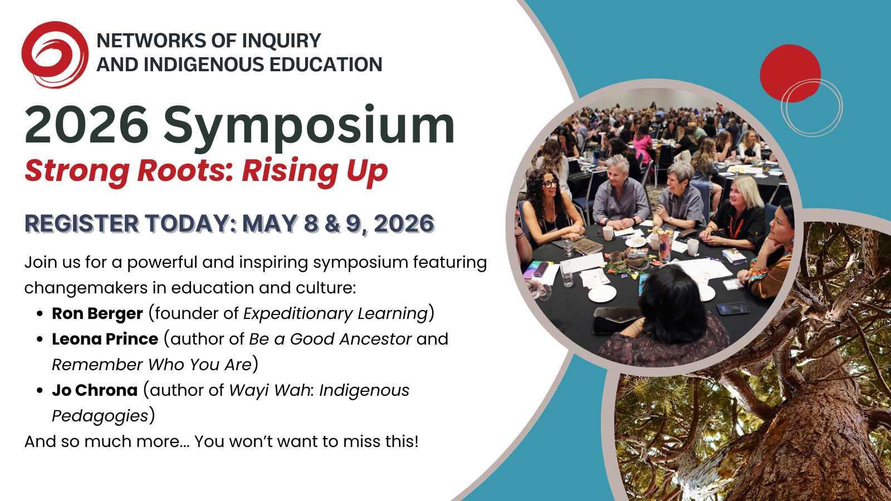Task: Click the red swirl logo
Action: point(55,55)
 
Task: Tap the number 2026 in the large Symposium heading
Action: point(87,125)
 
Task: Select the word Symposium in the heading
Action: point(309,128)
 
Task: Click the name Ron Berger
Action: point(97,314)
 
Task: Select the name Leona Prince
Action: point(105,339)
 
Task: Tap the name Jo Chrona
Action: point(95,390)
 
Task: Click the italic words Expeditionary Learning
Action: point(336,314)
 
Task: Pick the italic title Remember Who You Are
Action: point(152,365)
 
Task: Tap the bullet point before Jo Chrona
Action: point(40,391)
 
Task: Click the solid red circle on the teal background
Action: point(790,73)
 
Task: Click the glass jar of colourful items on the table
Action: point(664,244)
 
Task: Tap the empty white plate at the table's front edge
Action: point(602,293)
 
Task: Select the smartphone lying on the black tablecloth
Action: point(732,308)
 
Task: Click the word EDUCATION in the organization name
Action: point(326,65)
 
